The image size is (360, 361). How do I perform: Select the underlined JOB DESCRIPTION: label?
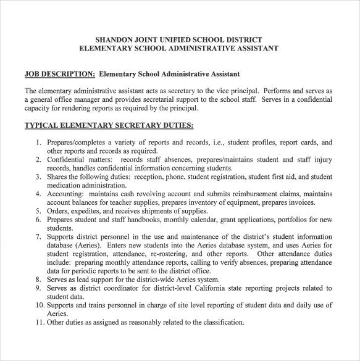click(59, 74)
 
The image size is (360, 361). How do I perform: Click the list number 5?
click(38, 210)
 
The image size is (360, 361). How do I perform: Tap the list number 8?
click(38, 279)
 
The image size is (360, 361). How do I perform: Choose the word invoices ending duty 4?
click(299, 202)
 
